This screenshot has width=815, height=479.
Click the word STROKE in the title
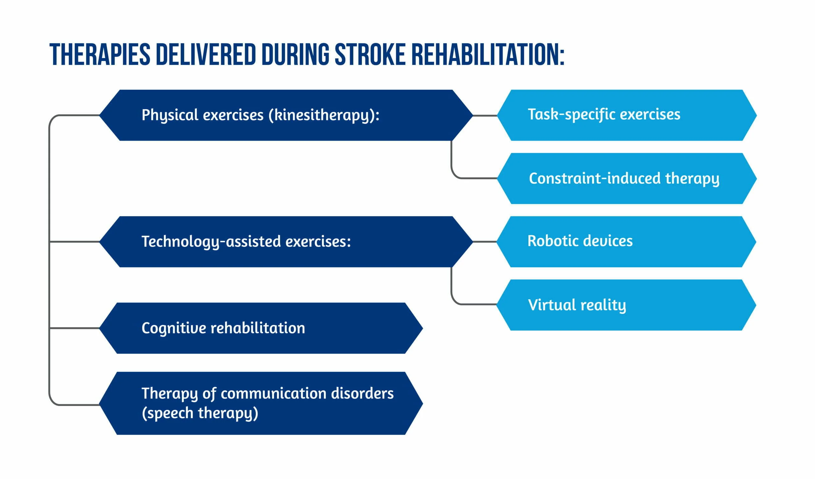(370, 54)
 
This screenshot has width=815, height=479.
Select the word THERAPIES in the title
(100, 54)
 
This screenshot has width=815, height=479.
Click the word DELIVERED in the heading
(206, 54)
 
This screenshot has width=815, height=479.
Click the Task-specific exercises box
(626, 115)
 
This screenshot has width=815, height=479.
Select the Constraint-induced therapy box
(626, 179)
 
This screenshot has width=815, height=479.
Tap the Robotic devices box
(626, 242)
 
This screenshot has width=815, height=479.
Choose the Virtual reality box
(626, 305)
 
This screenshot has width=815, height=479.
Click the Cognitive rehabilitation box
(261, 328)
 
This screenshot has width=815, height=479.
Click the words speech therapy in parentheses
(200, 413)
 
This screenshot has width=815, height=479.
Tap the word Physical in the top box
(170, 116)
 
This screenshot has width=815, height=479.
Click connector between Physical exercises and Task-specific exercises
(485, 116)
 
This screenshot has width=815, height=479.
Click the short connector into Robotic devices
(485, 242)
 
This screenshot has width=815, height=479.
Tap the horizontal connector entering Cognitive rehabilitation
(74, 328)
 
